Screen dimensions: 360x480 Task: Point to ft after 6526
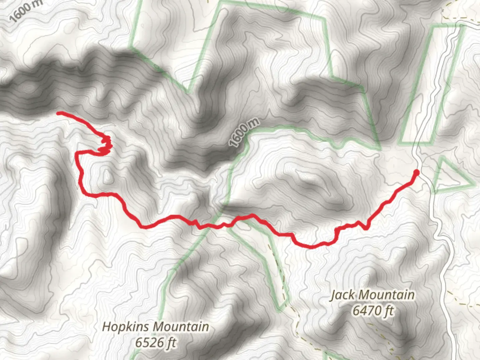170,342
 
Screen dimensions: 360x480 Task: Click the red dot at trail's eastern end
416,172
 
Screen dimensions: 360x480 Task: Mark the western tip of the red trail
59,113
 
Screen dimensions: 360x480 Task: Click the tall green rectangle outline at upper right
432,85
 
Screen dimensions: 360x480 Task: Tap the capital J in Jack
333,295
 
